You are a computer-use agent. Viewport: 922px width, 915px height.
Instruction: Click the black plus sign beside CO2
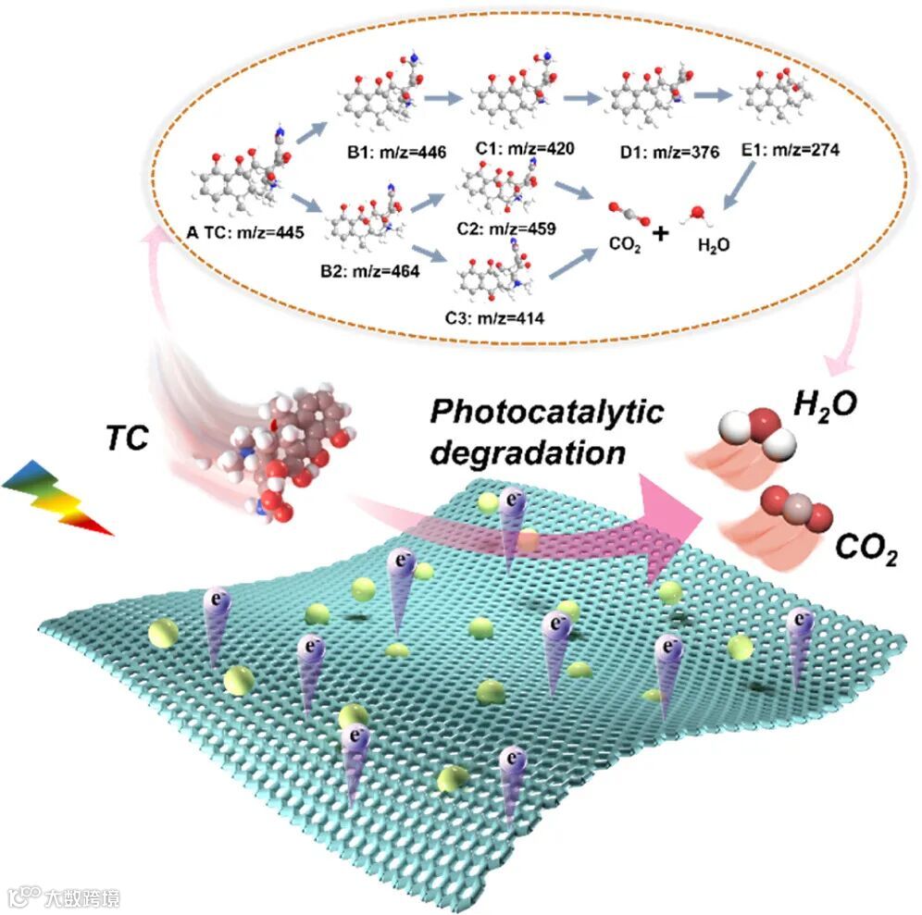(660, 233)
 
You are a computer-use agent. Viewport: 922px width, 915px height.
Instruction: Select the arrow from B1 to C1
(440, 97)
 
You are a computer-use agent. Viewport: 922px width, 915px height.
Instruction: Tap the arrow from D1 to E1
(714, 96)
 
